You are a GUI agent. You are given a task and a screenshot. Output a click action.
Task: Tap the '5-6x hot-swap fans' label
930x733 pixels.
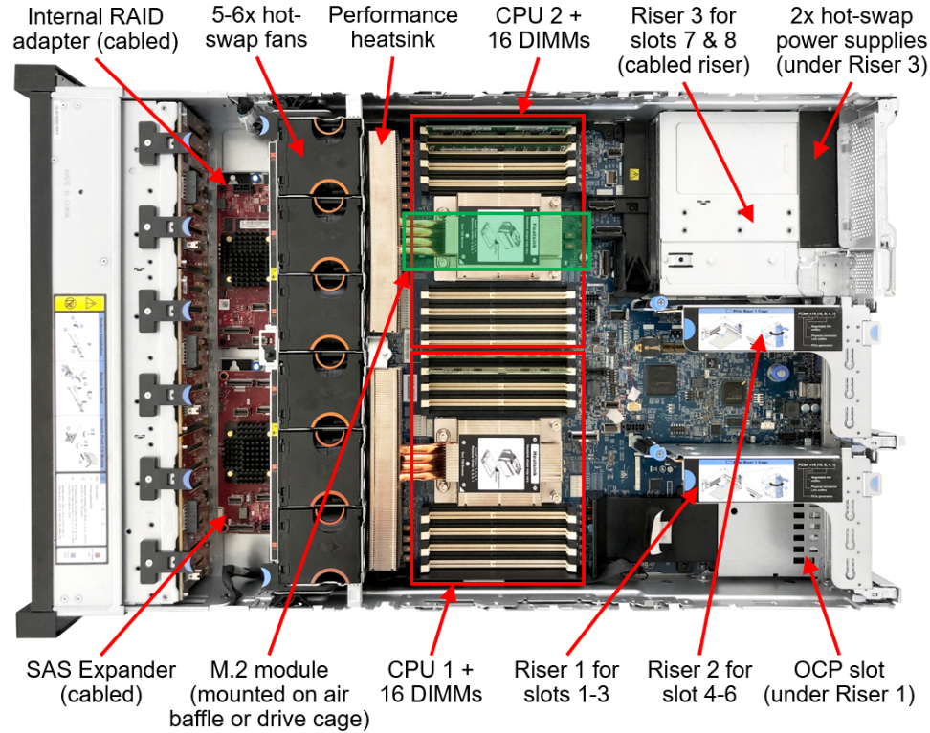point(255,30)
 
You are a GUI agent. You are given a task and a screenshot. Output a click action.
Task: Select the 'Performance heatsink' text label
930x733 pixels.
point(392,30)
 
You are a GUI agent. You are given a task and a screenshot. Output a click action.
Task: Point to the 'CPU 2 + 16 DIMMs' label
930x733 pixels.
point(542,30)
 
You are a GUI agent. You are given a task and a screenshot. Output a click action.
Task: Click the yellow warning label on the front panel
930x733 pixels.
point(69,308)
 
